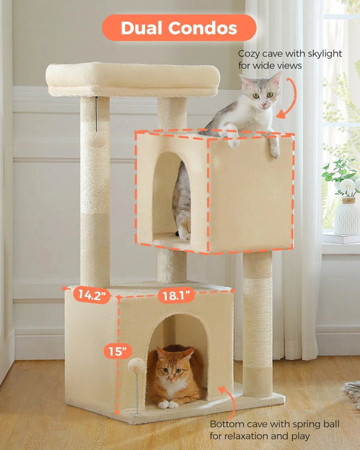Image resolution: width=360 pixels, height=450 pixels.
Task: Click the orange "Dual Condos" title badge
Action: point(179,28)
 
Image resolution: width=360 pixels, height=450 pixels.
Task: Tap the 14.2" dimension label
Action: point(92,295)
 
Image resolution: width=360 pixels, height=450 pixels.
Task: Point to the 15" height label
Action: point(118,351)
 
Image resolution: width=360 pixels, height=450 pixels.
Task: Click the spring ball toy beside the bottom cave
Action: point(137,366)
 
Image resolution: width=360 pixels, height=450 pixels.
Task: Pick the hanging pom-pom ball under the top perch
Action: point(97,139)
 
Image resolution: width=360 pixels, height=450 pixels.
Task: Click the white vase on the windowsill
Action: point(346,216)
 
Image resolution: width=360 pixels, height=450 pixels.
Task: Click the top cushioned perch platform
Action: point(133,80)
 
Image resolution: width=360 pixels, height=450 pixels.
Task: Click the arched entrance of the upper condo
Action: point(172,195)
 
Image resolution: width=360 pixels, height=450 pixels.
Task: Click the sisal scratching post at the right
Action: point(257,324)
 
